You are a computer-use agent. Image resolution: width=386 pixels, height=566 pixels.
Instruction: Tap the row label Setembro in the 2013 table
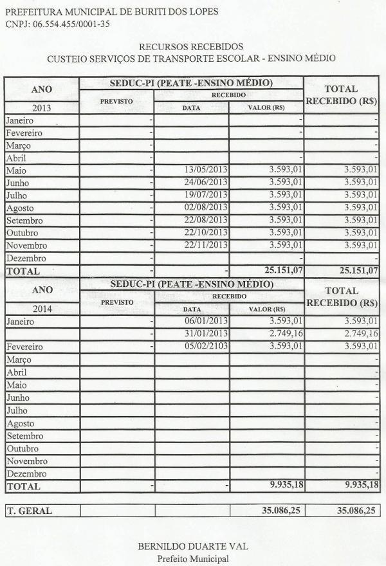point(23,221)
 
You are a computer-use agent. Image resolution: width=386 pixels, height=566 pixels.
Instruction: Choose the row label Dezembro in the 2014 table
point(24,474)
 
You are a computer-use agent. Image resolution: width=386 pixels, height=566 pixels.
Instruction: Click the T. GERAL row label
point(30,511)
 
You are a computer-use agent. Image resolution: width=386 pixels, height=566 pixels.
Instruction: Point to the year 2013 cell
point(41,107)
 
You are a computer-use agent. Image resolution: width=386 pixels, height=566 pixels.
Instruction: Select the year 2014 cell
point(41,309)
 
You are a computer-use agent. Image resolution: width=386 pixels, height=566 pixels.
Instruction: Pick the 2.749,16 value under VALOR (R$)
point(286,334)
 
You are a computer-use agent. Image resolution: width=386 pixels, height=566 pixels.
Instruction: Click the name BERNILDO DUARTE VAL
point(193,546)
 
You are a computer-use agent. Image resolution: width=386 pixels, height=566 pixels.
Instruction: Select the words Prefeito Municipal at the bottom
point(193,559)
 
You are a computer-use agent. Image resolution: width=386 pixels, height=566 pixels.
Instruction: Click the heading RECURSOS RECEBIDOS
point(191,46)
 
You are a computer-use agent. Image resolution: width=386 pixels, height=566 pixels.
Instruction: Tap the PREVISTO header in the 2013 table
point(116,102)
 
